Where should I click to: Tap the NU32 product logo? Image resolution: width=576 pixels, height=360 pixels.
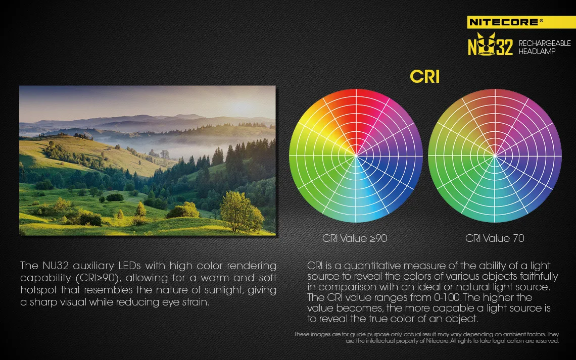pyautogui.click(x=491, y=44)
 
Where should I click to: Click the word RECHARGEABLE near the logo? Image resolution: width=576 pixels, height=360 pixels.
pyautogui.click(x=545, y=43)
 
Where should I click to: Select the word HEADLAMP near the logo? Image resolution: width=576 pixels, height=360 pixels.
pyautogui.click(x=537, y=52)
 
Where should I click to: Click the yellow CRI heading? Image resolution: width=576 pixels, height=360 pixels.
pyautogui.click(x=424, y=77)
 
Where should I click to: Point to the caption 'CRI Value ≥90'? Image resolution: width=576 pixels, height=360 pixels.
pyautogui.click(x=355, y=238)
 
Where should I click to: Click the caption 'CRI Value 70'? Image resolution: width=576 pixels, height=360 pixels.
pyautogui.click(x=495, y=238)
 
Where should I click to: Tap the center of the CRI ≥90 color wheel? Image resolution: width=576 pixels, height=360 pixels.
pyautogui.click(x=356, y=156)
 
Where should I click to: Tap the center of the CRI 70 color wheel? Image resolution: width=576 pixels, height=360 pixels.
pyautogui.click(x=495, y=156)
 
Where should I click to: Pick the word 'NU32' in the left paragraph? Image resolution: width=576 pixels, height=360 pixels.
pyautogui.click(x=56, y=265)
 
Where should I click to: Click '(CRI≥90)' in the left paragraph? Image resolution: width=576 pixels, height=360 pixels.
pyautogui.click(x=99, y=278)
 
